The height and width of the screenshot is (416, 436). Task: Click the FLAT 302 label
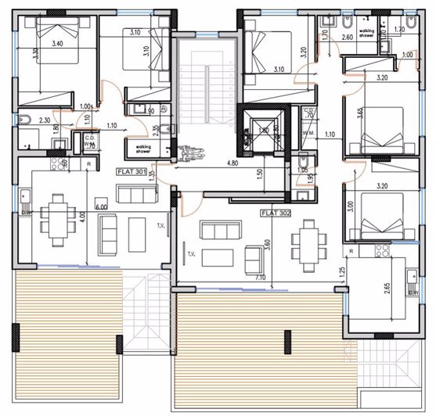(x=276, y=211)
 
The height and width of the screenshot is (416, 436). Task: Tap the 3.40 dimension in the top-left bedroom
(x=58, y=45)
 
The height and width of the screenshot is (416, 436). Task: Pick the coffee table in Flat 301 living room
(x=137, y=233)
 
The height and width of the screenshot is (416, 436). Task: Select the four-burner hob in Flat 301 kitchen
(x=57, y=165)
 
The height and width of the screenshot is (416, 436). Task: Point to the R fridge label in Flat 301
(x=91, y=164)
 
